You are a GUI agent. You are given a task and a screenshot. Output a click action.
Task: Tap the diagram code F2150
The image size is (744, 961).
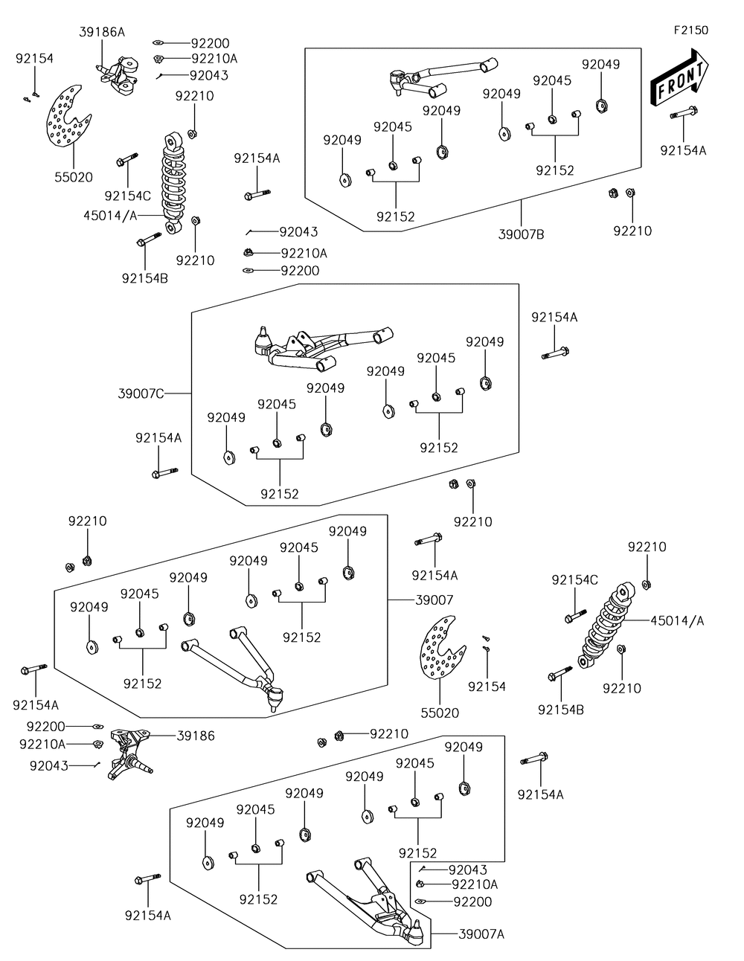click(x=690, y=30)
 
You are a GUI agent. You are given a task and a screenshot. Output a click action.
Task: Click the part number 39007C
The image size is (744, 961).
click(x=141, y=393)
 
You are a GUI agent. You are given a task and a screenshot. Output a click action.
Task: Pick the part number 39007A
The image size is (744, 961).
click(x=481, y=933)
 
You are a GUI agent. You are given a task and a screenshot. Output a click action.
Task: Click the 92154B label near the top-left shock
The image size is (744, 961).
click(x=145, y=278)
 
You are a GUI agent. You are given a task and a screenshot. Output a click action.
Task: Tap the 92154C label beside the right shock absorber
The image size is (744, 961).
click(x=574, y=579)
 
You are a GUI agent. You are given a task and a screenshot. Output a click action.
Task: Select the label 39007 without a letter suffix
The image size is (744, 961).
click(x=434, y=600)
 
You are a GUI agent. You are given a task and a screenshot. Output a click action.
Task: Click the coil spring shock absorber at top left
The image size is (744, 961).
click(x=173, y=182)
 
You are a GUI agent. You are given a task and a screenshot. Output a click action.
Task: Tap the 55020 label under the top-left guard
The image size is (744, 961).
click(x=73, y=177)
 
